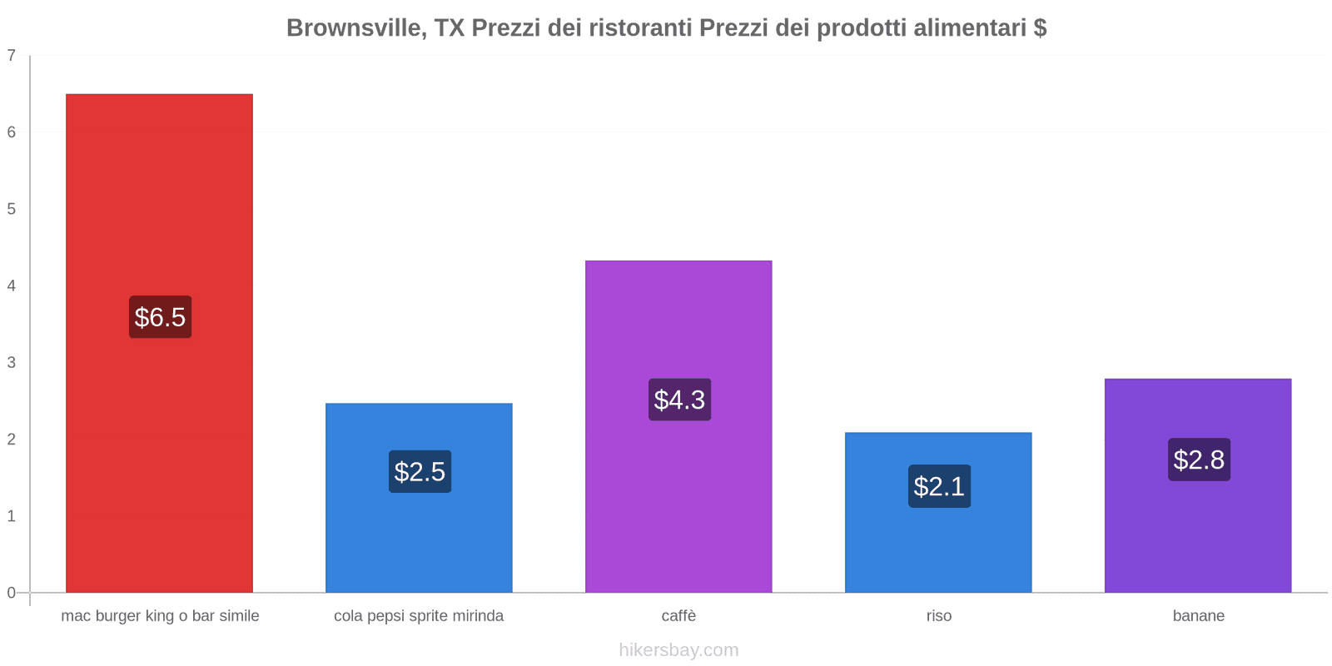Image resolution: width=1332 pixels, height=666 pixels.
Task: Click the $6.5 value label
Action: (x=160, y=317)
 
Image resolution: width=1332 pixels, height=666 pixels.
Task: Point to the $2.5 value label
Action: (x=420, y=472)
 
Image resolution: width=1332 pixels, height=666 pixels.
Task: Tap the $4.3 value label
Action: (x=679, y=400)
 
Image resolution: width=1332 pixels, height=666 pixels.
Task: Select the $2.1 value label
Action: (x=939, y=486)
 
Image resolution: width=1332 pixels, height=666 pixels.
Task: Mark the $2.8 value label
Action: (x=1199, y=460)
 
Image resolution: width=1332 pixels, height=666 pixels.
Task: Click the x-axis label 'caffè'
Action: (x=678, y=616)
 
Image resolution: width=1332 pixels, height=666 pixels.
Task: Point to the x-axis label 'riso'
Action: (x=938, y=616)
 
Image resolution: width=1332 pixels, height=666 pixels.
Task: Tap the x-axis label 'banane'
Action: (x=1198, y=616)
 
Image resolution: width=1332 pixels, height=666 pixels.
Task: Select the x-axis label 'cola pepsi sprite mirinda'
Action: (x=419, y=616)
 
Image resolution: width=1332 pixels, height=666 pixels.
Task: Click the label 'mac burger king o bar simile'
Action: (x=160, y=616)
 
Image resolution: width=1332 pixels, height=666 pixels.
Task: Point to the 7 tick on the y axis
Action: (x=12, y=56)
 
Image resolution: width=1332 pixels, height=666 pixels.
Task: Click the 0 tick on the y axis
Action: (x=12, y=593)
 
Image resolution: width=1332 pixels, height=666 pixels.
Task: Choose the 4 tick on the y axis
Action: (x=12, y=286)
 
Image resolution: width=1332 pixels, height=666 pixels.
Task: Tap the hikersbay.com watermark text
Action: (x=678, y=650)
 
